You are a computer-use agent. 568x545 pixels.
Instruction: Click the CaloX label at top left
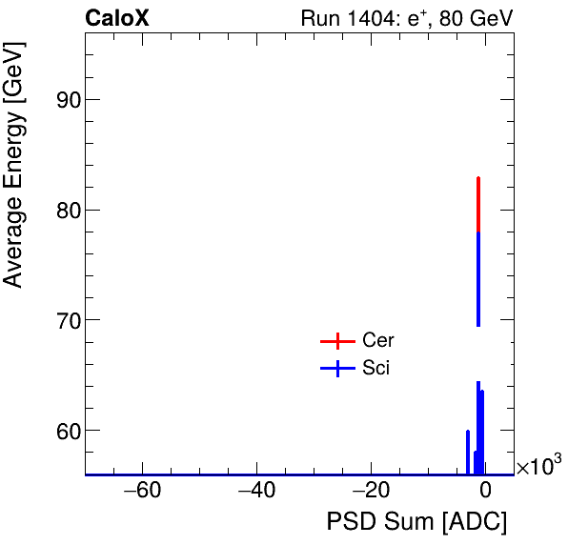[117, 18]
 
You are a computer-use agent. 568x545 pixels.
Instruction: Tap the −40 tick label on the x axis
[256, 492]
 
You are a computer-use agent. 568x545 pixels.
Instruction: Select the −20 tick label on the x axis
[371, 492]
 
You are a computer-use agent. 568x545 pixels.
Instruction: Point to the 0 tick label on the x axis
[485, 492]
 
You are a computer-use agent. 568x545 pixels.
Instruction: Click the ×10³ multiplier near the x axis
[538, 466]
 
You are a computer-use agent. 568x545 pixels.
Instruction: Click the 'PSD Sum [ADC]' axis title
[416, 523]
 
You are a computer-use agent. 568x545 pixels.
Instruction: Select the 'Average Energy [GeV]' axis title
[13, 181]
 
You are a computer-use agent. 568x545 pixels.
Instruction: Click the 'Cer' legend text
[377, 341]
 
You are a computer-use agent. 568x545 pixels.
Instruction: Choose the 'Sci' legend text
[375, 368]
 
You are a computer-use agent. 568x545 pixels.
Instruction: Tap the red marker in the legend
[336, 341]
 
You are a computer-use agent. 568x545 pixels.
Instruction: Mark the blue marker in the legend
[336, 368]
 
